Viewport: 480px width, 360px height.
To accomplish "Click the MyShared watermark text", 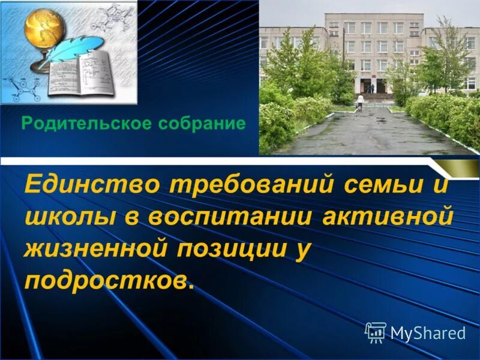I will point(428,333).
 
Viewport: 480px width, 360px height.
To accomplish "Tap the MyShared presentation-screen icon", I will point(375,332).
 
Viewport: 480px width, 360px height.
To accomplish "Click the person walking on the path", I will point(360,103).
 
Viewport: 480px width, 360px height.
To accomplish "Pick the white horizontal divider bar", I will point(240,160).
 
